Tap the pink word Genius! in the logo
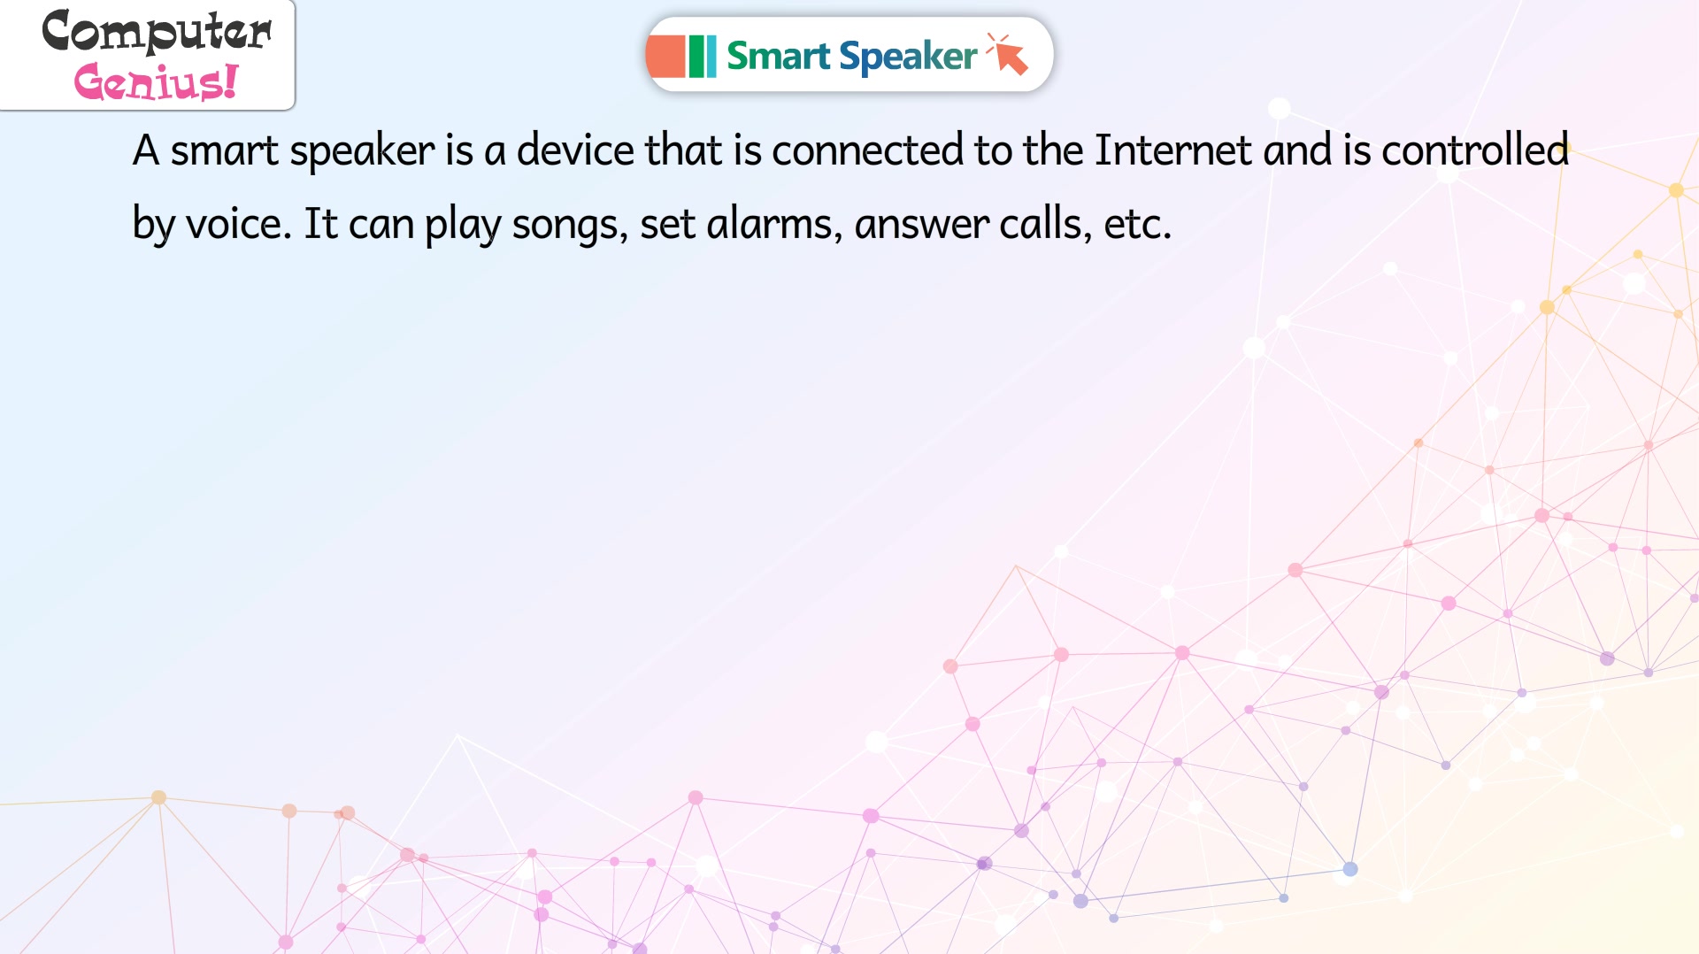[x=156, y=81]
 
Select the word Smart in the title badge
[x=778, y=56]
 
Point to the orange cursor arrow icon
[x=1009, y=54]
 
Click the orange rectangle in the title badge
[x=665, y=56]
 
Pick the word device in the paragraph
[x=575, y=150]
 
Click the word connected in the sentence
[x=867, y=150]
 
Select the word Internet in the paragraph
[x=1173, y=150]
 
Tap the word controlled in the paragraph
[x=1476, y=150]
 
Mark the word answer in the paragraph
[x=921, y=224]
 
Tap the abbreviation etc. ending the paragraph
[x=1138, y=224]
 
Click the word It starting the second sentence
[x=320, y=223]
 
